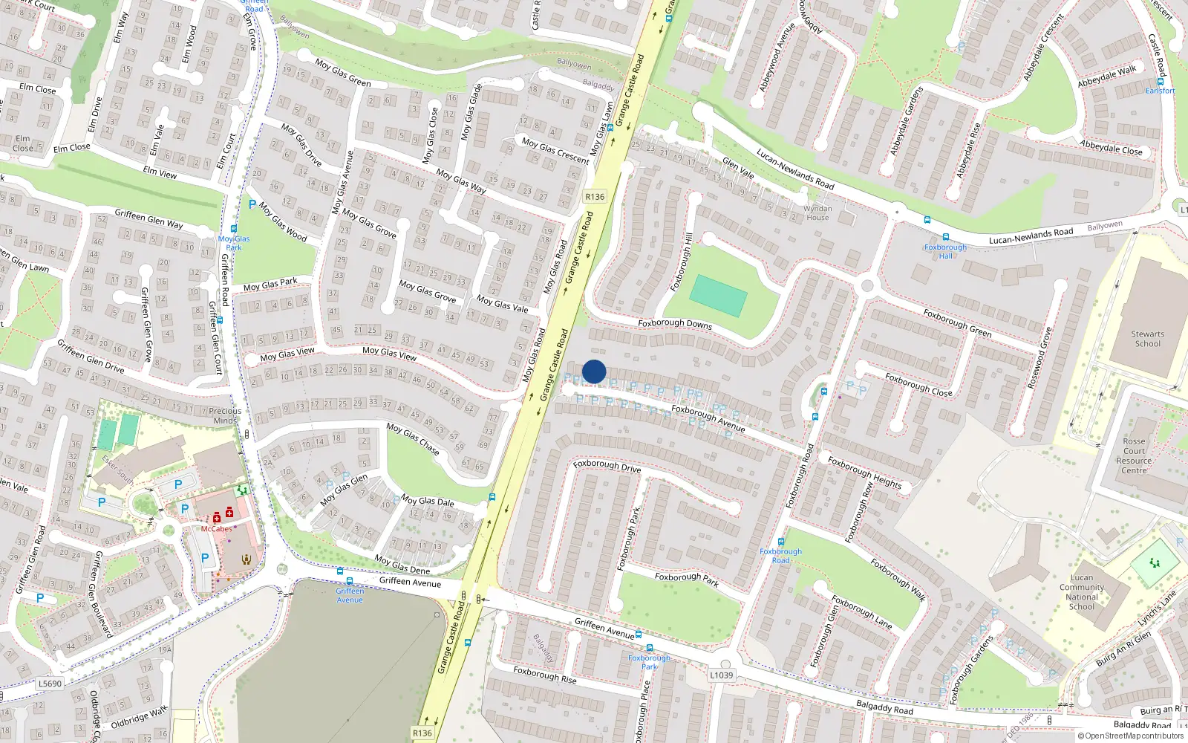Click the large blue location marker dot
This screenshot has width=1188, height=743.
594,371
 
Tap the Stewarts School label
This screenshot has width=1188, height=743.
1147,339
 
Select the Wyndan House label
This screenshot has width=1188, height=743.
817,213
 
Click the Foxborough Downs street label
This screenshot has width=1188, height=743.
675,324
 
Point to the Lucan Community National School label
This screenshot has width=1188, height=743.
1082,592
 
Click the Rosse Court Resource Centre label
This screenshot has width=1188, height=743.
1134,455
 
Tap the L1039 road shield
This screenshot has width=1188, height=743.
721,675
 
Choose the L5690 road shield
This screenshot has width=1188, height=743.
50,684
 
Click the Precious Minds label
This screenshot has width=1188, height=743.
225,415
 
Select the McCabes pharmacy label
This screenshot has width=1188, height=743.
216,529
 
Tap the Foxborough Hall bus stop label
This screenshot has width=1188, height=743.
945,251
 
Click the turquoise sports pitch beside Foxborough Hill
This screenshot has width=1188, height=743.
718,296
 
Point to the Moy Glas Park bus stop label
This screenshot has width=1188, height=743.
234,243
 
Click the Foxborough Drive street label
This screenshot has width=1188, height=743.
607,466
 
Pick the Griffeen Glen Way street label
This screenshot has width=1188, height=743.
148,219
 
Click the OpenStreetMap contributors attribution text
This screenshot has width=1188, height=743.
1130,736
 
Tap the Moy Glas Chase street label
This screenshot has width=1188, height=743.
413,438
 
